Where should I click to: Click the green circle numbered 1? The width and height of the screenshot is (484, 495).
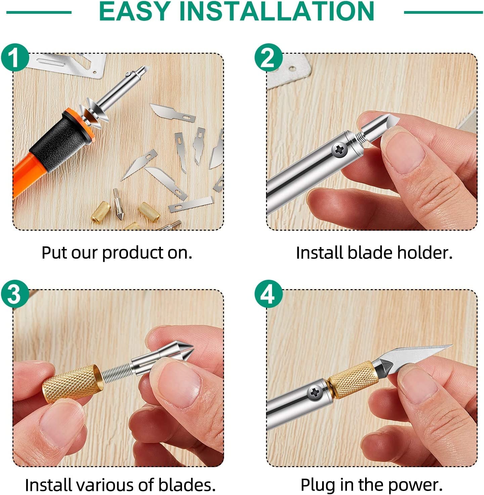[14, 57]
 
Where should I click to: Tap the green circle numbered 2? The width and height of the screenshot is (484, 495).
[268, 57]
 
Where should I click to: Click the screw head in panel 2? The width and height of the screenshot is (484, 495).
[340, 150]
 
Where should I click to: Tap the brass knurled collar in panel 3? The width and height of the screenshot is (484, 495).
[71, 385]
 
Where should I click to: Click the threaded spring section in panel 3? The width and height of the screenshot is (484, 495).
[116, 374]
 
